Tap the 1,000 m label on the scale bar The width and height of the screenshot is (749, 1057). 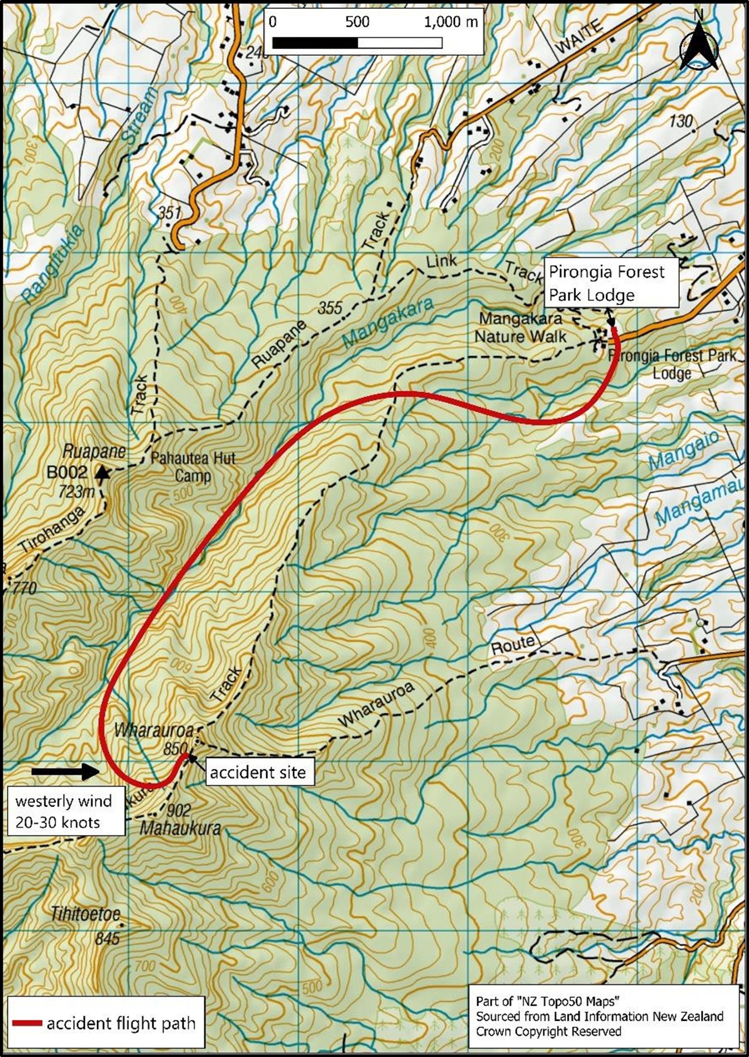click(x=450, y=22)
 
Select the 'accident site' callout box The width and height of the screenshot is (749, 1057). click(x=258, y=772)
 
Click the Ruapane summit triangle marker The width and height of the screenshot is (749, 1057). click(x=102, y=474)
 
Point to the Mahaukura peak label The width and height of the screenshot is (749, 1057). click(x=180, y=828)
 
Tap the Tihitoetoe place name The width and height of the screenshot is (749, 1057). click(x=85, y=915)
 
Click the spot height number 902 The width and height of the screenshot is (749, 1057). click(x=179, y=810)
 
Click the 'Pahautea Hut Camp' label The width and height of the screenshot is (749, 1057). click(x=193, y=467)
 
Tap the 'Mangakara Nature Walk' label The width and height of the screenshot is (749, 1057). click(x=520, y=328)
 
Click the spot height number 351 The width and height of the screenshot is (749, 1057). click(x=169, y=212)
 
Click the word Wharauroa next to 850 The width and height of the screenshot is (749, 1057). click(x=154, y=730)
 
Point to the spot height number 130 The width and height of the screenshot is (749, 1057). click(x=680, y=121)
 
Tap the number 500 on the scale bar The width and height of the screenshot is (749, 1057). click(x=357, y=22)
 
